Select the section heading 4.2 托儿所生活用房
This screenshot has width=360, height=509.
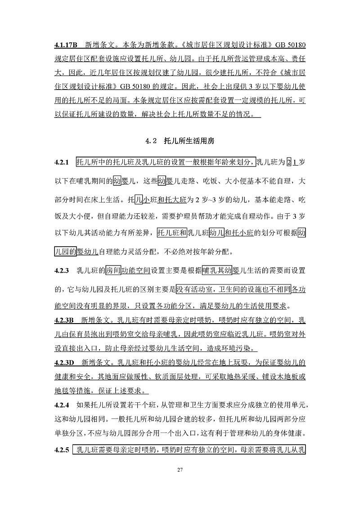pyautogui.click(x=180, y=141)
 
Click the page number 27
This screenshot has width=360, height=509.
pyautogui.click(x=180, y=470)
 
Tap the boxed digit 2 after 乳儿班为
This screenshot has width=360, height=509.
pyautogui.click(x=289, y=162)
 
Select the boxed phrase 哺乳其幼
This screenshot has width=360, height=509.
pyautogui.click(x=217, y=270)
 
